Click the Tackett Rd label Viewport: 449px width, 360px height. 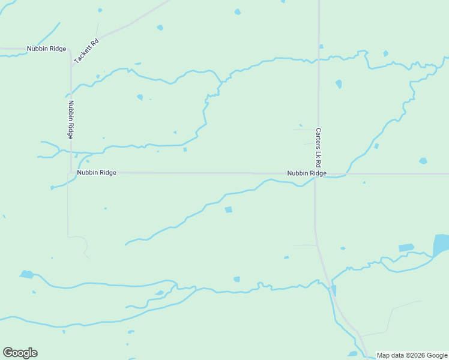(86, 52)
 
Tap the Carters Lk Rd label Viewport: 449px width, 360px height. (319, 147)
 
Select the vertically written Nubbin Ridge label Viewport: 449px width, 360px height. (71, 119)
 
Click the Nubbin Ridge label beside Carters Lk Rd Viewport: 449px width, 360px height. (306, 173)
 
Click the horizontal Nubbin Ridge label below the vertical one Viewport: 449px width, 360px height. (96, 173)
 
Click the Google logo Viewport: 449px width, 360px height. (20, 353)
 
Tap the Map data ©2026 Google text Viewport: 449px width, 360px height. (412, 355)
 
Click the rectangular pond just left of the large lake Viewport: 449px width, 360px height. (406, 247)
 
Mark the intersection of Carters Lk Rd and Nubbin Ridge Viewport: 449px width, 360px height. (316, 174)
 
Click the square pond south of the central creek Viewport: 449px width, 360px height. (228, 209)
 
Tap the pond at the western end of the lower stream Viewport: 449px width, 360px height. (26, 275)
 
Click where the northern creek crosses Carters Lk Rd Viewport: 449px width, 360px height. (319, 59)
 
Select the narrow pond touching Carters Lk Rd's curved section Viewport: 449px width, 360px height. (334, 290)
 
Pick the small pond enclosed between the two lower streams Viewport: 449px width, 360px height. (159, 293)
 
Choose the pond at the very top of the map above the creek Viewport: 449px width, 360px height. (238, 11)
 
